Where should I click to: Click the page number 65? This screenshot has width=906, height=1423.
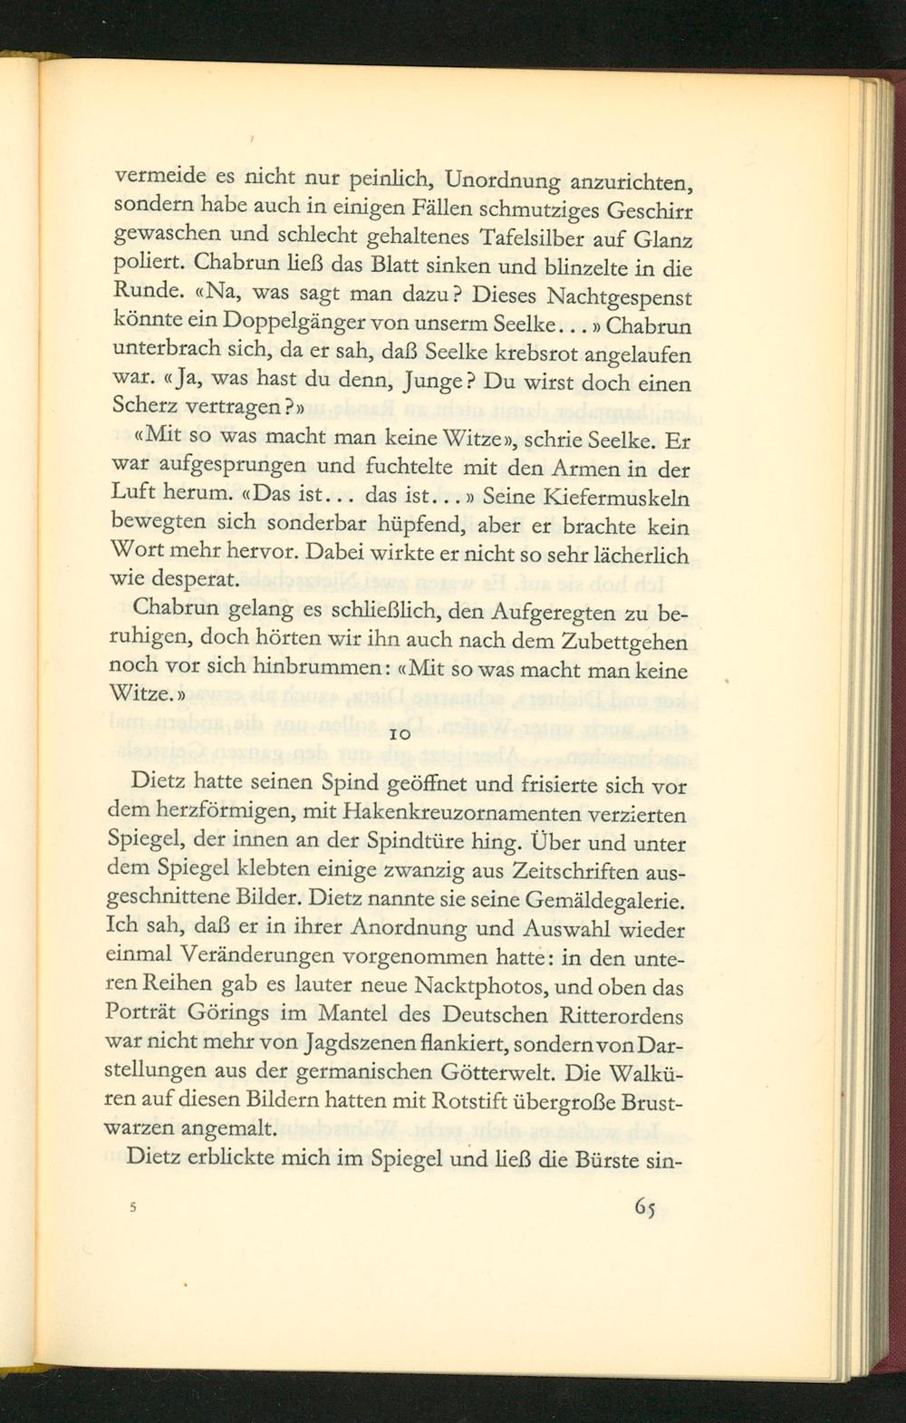click(x=644, y=1209)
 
